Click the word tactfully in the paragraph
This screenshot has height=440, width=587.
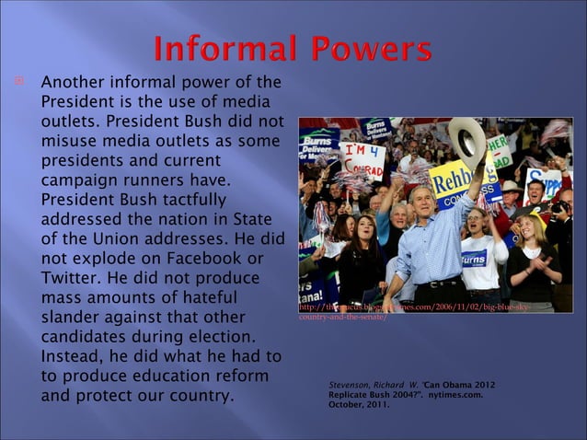click(192, 198)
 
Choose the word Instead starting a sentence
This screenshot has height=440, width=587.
click(74, 357)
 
